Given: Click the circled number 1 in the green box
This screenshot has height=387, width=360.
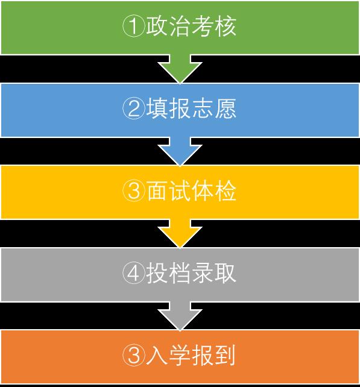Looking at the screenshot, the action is [x=133, y=26].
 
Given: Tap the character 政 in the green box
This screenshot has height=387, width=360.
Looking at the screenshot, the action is [x=157, y=27].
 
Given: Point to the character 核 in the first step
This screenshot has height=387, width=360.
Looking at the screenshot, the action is [x=225, y=27].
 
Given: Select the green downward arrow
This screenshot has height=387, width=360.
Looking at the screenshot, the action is [x=180, y=69].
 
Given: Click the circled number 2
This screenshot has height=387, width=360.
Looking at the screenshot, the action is [x=133, y=109].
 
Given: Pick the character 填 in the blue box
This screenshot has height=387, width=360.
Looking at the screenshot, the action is [x=157, y=109].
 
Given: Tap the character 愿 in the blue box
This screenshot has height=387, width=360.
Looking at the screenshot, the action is [x=225, y=109].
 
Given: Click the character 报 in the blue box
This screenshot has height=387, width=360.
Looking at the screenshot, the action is [x=180, y=109].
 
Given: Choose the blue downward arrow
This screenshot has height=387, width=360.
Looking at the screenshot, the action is [x=180, y=151].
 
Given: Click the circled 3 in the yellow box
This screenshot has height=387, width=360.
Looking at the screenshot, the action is [x=133, y=190].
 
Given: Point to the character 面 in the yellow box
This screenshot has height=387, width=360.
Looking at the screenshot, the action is [x=157, y=190].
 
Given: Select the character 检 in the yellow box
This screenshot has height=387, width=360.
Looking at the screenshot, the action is [x=225, y=190].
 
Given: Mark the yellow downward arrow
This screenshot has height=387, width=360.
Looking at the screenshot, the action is [x=180, y=233].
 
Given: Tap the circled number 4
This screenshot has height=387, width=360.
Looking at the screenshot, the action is [x=133, y=273].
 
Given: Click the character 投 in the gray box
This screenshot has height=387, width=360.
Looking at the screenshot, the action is [x=157, y=273].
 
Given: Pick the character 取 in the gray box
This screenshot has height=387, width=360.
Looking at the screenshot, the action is [x=225, y=273].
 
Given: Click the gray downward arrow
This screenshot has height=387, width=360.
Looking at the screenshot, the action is [x=180, y=316].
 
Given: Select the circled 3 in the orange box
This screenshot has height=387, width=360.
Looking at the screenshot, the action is [x=133, y=355].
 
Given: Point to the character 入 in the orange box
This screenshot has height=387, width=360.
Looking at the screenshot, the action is [x=157, y=356].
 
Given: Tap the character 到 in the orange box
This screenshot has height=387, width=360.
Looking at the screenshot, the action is [x=225, y=356].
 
